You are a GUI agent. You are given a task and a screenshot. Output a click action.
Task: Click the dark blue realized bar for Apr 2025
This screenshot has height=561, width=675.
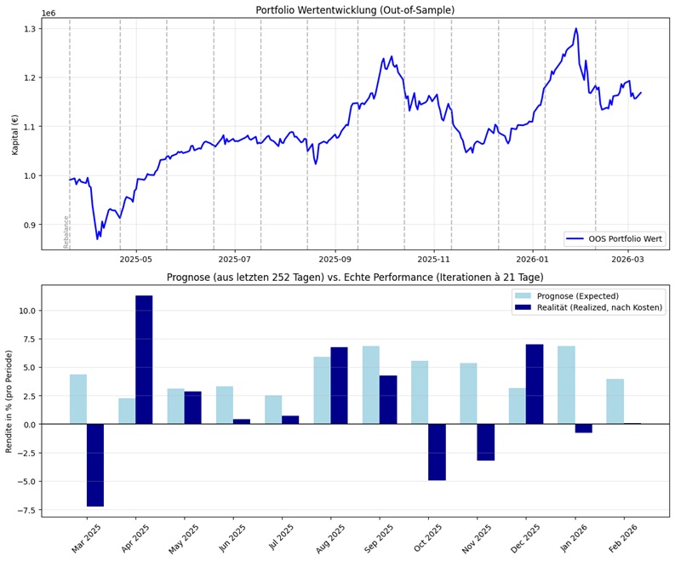pos(144,359)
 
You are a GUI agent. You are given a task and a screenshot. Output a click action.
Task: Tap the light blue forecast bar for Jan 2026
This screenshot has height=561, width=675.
pos(566,385)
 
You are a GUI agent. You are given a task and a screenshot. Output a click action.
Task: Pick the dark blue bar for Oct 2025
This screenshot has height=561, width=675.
pos(437,452)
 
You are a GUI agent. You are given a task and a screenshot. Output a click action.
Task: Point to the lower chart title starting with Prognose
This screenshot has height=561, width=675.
pos(355,278)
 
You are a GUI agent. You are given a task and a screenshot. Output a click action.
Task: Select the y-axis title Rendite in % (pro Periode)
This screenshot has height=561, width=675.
pos(9,400)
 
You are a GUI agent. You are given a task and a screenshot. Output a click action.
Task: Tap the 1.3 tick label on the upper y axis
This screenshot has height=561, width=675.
pos(30,29)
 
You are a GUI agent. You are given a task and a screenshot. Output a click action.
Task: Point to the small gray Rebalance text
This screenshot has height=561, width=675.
pos(66,232)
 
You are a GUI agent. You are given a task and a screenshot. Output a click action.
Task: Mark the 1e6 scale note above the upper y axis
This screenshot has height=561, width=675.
pos(49,14)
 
